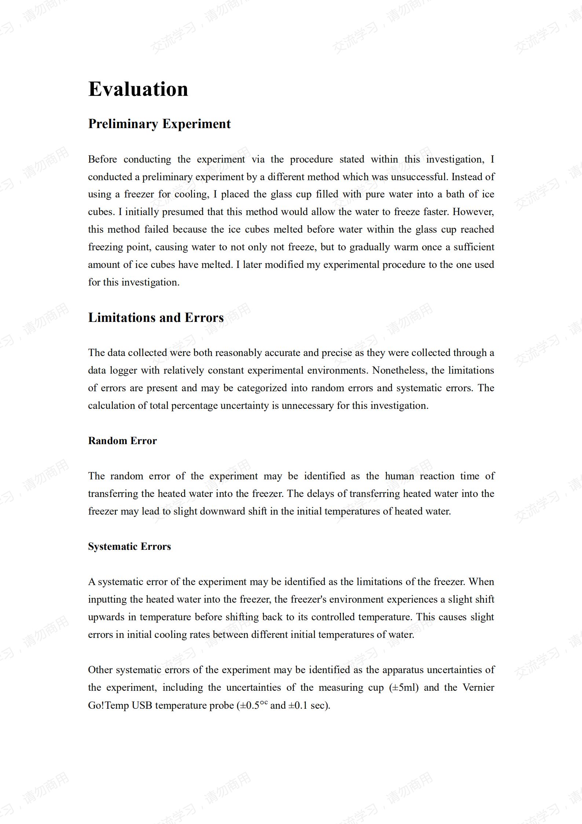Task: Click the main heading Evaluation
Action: pos(138,89)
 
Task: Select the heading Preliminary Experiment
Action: pos(159,124)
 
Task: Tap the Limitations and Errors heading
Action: pos(156,317)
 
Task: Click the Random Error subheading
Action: pos(122,441)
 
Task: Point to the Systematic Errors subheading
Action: pos(129,547)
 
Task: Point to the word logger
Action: pos(123,371)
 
